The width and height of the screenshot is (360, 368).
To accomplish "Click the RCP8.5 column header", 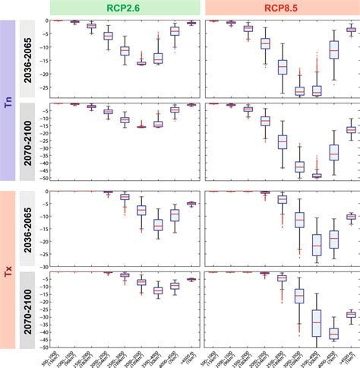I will (x=281, y=8).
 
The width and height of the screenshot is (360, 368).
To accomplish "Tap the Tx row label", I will (x=8, y=269).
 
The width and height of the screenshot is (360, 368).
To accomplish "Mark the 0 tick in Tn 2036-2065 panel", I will (x=46, y=21).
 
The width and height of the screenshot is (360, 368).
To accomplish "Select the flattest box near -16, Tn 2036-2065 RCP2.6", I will (x=141, y=63).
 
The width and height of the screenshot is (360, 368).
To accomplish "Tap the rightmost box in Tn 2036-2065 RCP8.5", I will (x=351, y=30).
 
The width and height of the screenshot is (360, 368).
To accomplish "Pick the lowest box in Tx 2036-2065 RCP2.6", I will (x=158, y=225).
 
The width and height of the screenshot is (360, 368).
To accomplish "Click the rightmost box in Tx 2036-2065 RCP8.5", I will (x=351, y=217).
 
